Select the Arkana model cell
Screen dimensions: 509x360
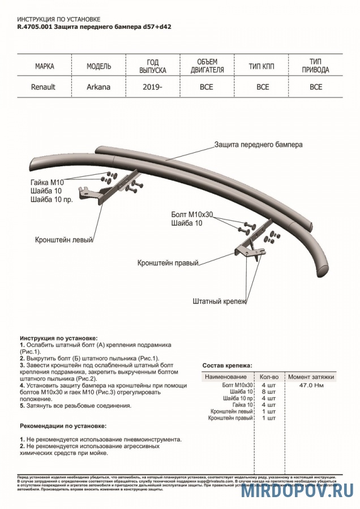[98, 87]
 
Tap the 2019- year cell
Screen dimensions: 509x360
[153, 87]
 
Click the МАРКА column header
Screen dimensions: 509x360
[45, 66]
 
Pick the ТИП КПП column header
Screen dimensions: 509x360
[262, 66]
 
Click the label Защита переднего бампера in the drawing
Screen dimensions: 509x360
[258, 145]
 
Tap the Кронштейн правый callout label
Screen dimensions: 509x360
[168, 264]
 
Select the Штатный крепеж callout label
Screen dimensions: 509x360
[220, 301]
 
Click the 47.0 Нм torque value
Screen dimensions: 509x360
[311, 385]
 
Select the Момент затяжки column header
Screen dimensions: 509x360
[311, 377]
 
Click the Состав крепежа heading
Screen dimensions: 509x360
[228, 366]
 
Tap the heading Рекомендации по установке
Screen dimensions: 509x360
[63, 425]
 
